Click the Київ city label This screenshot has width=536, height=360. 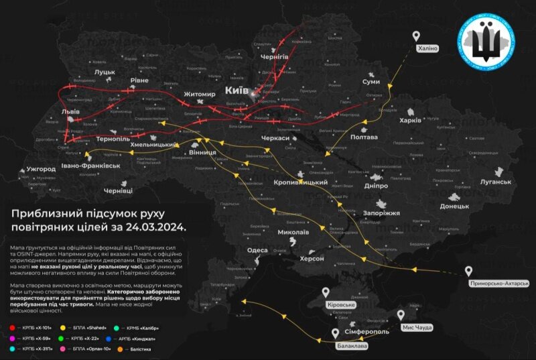click(237, 90)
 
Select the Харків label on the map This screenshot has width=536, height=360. click(409, 121)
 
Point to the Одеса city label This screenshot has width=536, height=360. click(257, 250)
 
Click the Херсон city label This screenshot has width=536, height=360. click(312, 258)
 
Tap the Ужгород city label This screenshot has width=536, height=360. click(42, 169)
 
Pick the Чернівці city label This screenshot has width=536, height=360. click(118, 191)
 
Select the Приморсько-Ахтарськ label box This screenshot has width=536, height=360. click(500, 284)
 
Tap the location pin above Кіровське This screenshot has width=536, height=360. click(326, 292)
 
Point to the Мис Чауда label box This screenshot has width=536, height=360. click(415, 327)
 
